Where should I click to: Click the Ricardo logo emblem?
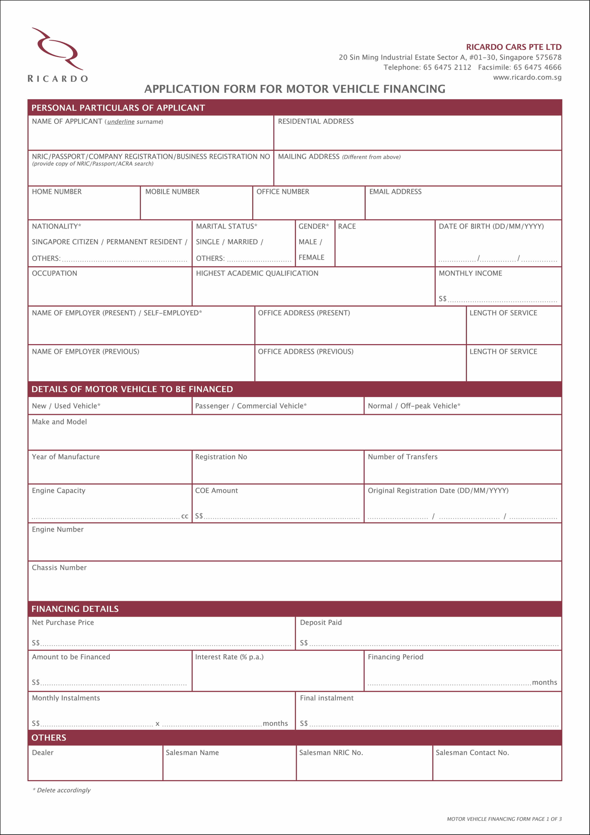pos(57,49)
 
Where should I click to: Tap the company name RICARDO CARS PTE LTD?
pos(513,47)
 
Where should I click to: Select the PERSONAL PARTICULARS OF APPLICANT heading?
pos(118,108)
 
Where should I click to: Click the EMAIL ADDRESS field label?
pos(395,192)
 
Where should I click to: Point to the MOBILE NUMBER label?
pos(172,192)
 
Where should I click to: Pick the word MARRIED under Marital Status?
pos(243,242)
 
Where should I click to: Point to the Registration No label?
pos(221,457)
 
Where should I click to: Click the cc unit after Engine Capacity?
pos(185,516)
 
